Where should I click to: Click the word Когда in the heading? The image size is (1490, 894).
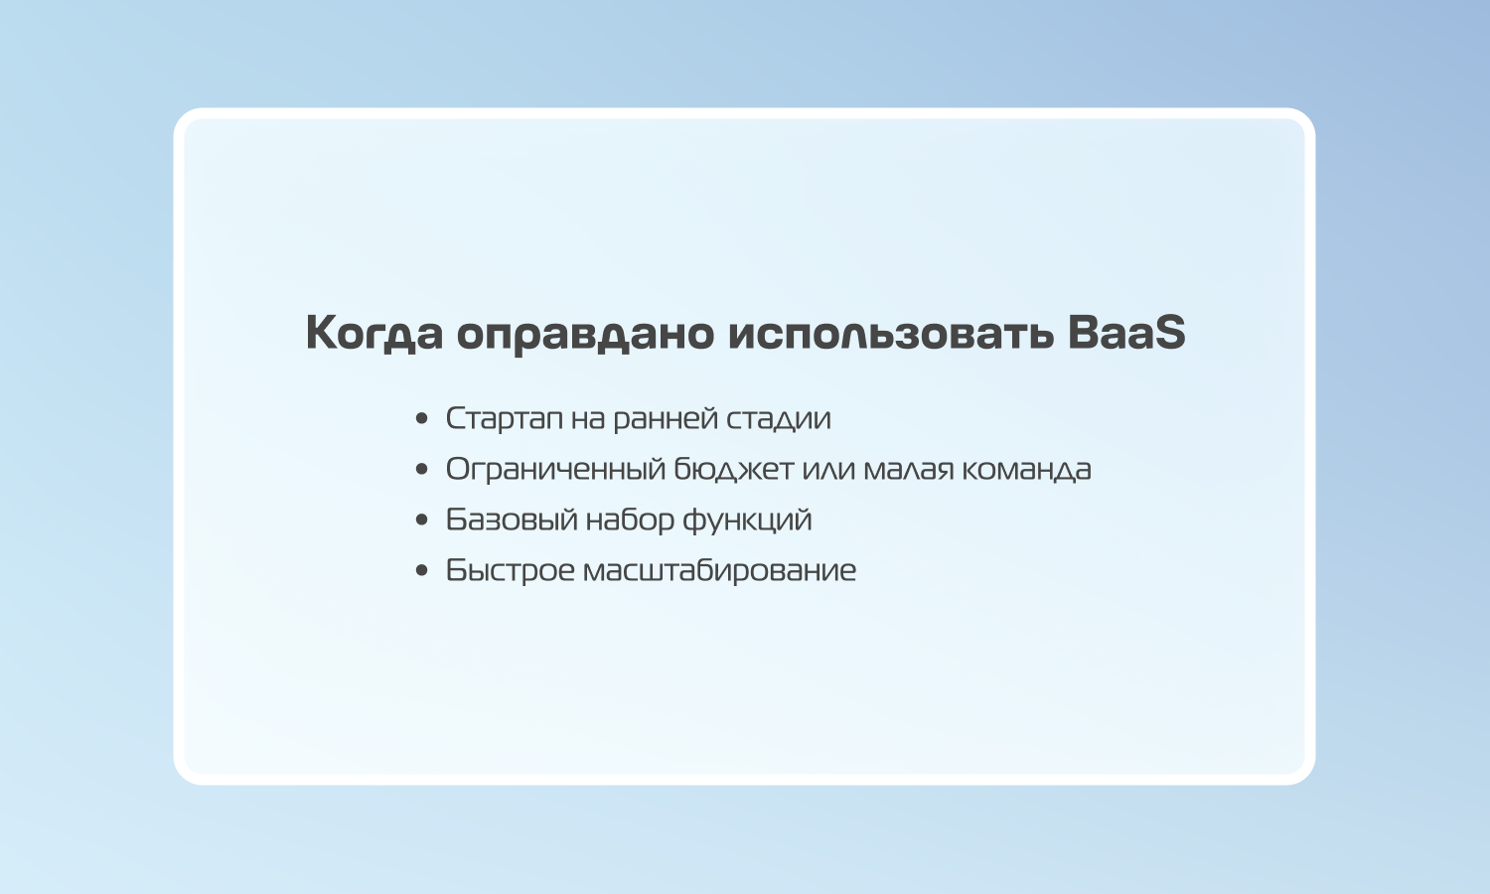point(373,333)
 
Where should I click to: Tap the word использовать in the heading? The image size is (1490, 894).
point(891,333)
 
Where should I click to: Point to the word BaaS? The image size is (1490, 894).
point(1126,332)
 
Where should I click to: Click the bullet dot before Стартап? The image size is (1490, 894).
point(421,418)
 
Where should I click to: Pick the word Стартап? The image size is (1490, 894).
point(505,419)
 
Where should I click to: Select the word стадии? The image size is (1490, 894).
point(778,419)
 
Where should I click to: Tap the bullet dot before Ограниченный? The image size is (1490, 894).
point(421,469)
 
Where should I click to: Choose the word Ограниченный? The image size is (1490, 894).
point(555,470)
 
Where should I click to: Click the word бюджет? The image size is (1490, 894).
point(734,470)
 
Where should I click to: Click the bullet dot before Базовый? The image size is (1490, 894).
point(421,520)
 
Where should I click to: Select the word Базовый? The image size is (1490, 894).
point(512,520)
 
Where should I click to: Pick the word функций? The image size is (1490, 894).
point(748,521)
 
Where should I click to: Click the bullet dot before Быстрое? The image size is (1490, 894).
point(421,570)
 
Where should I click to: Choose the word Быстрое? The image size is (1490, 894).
point(511,571)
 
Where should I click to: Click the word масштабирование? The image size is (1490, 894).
point(720,571)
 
